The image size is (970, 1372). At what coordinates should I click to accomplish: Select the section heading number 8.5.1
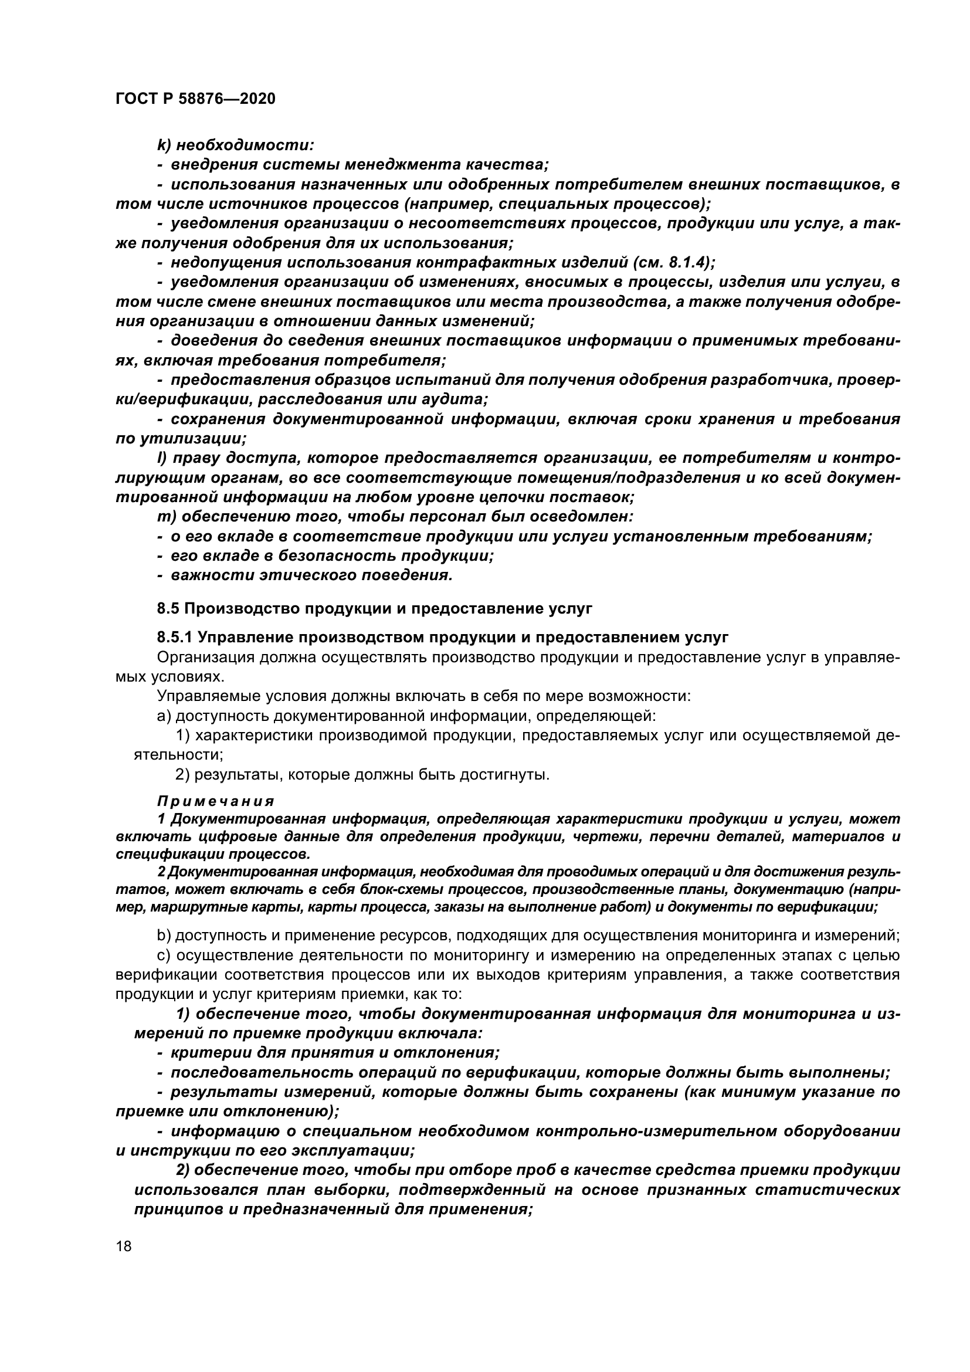pyautogui.click(x=175, y=637)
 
